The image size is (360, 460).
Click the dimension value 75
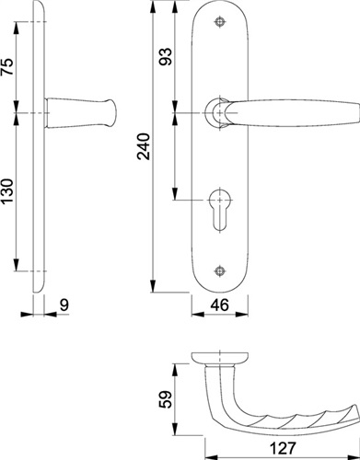[7, 66]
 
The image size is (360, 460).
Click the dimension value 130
[7, 191]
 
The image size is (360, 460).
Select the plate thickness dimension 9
[64, 305]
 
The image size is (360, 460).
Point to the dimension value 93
[166, 56]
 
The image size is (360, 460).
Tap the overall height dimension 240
[144, 146]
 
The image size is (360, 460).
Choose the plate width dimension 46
[220, 305]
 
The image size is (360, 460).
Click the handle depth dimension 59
[166, 399]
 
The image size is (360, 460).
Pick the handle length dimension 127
[283, 448]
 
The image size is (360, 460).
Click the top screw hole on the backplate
[219, 22]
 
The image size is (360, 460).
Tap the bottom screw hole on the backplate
[219, 270]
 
